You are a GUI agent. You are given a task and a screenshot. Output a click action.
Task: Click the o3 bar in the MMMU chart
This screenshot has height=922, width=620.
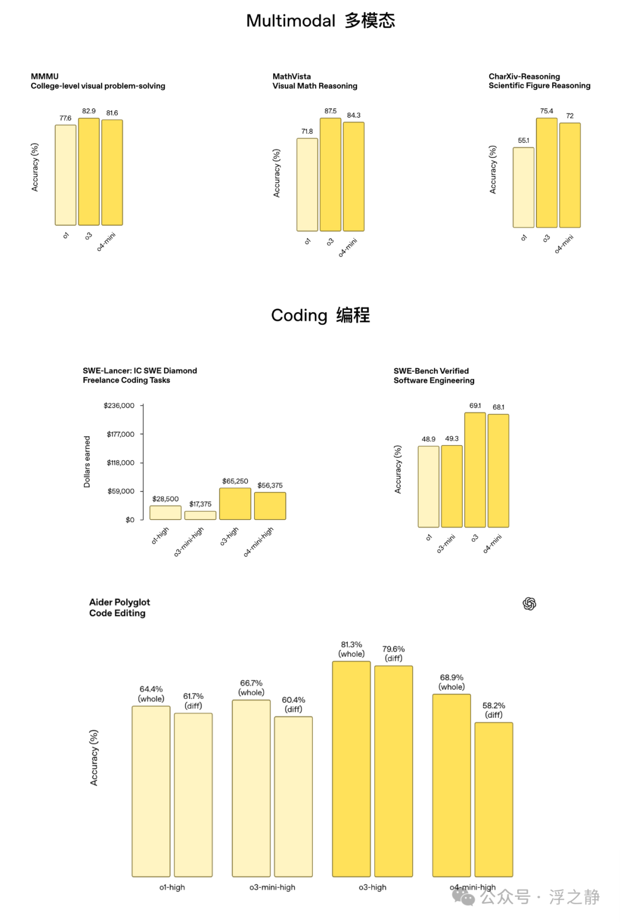pyautogui.click(x=89, y=172)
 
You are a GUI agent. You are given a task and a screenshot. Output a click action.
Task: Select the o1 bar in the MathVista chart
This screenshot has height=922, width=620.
pyautogui.click(x=307, y=185)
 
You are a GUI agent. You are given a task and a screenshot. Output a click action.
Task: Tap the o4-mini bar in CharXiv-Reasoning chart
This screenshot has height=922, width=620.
pyautogui.click(x=570, y=176)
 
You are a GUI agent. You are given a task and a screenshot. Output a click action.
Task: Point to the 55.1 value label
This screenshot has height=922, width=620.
pyautogui.click(x=524, y=141)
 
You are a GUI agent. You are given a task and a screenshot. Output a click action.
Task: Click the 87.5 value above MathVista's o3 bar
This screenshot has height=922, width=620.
pyautogui.click(x=331, y=111)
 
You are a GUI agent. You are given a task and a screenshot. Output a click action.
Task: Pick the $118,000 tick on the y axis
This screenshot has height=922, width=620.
pyautogui.click(x=121, y=462)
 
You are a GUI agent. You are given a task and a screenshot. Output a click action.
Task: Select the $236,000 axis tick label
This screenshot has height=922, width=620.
pyautogui.click(x=119, y=406)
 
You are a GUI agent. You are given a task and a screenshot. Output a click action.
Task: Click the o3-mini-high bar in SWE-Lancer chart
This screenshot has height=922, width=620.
pyautogui.click(x=200, y=515)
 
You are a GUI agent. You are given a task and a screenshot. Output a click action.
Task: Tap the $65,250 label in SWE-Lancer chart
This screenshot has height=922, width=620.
pyautogui.click(x=235, y=481)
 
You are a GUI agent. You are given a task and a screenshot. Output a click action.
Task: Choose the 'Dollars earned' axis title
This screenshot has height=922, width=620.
pyautogui.click(x=87, y=462)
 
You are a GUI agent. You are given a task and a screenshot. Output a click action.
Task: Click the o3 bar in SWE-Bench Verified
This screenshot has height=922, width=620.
pyautogui.click(x=475, y=470)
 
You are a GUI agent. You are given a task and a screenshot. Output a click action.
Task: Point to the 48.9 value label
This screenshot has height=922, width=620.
pyautogui.click(x=428, y=439)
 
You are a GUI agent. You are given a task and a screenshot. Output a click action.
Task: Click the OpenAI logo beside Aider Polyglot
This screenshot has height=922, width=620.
pyautogui.click(x=529, y=604)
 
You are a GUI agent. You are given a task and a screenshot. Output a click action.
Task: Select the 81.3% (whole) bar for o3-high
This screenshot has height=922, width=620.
pyautogui.click(x=351, y=769)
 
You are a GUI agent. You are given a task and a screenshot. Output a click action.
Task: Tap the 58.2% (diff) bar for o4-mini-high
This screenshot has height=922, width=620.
pyautogui.click(x=494, y=799)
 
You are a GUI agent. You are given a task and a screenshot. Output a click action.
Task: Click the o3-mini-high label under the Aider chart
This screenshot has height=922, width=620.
pyautogui.click(x=272, y=887)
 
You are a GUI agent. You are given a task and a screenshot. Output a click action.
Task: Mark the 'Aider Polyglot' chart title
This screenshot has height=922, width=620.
pyautogui.click(x=119, y=602)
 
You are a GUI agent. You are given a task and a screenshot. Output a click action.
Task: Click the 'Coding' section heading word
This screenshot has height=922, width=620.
pyautogui.click(x=299, y=316)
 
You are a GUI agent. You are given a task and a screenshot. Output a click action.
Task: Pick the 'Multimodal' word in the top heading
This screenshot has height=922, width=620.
pyautogui.click(x=291, y=21)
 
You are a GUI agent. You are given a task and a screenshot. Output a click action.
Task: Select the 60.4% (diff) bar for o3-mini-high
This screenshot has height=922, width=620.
pyautogui.click(x=294, y=796)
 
